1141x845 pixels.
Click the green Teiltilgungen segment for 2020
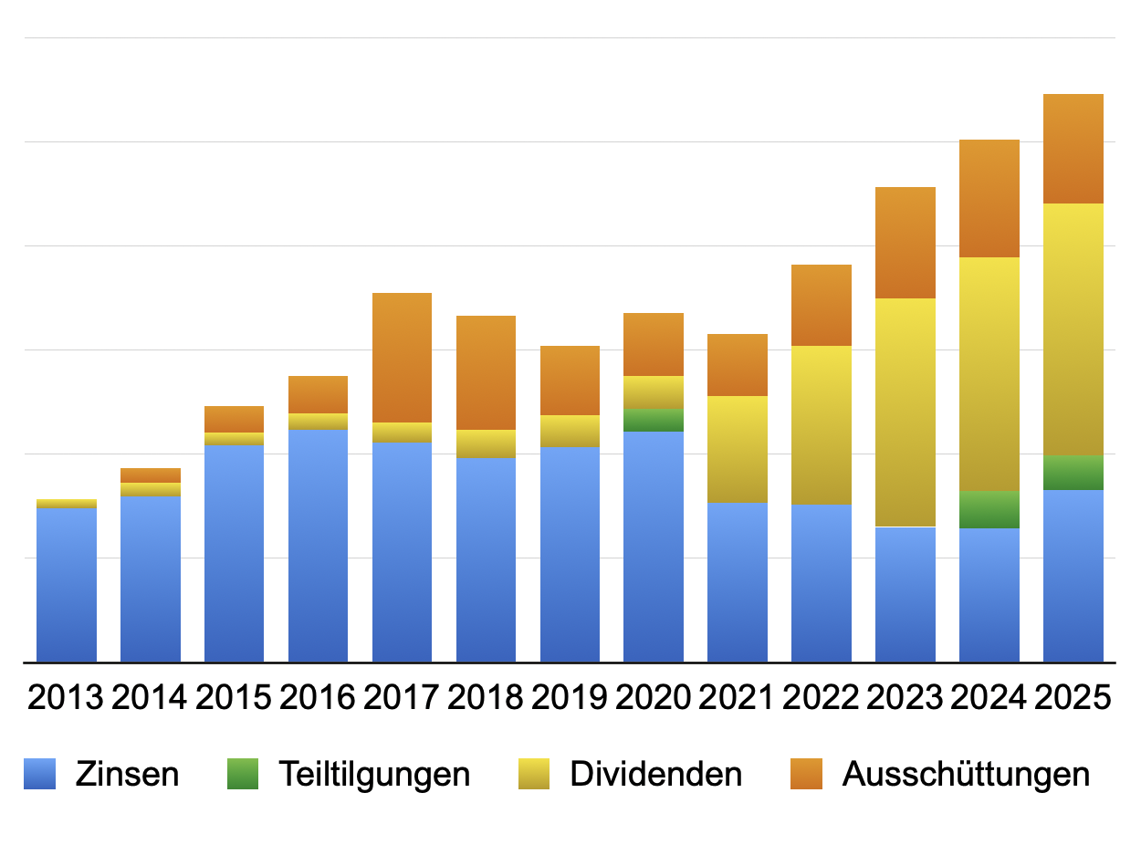(x=654, y=420)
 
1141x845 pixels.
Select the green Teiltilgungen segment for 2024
(x=989, y=510)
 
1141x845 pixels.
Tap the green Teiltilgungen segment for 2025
(x=1073, y=473)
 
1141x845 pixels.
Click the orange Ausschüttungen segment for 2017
(x=402, y=358)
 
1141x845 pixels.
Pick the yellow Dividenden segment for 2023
(x=905, y=412)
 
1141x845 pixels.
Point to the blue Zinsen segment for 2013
(x=67, y=585)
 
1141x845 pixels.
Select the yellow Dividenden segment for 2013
(x=67, y=504)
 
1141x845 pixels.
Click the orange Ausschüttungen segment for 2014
(x=151, y=475)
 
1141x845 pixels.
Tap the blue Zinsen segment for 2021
(x=738, y=583)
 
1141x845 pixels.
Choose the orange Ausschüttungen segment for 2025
(x=1073, y=149)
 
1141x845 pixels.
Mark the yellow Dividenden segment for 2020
(x=654, y=392)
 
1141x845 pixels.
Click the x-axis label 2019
(x=569, y=697)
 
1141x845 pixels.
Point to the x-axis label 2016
(x=318, y=697)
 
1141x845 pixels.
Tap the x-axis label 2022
(x=821, y=697)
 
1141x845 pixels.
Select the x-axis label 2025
(x=1073, y=697)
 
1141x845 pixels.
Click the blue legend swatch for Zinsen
(x=39, y=774)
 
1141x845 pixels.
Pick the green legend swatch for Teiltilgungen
(x=243, y=774)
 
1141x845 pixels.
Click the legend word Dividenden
(x=656, y=774)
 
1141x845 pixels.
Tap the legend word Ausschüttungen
(x=966, y=775)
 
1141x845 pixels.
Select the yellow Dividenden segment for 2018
(x=486, y=443)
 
